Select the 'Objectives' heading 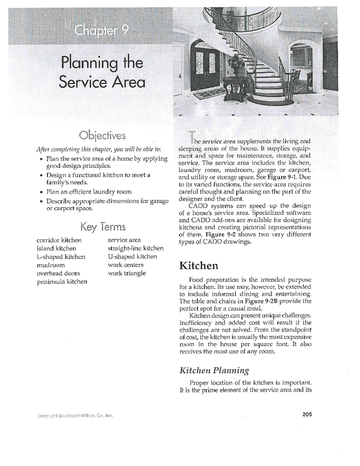[x=102, y=136]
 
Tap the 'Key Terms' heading [x=103, y=227]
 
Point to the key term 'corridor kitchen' [x=59, y=240]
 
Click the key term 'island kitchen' [x=56, y=248]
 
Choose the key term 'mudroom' [x=51, y=265]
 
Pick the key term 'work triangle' [x=127, y=273]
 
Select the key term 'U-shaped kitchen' [x=132, y=257]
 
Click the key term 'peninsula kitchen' [x=62, y=282]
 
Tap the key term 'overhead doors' [x=58, y=273]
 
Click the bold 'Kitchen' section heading [x=199, y=266]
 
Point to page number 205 [x=307, y=414]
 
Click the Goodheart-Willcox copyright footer [x=75, y=416]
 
